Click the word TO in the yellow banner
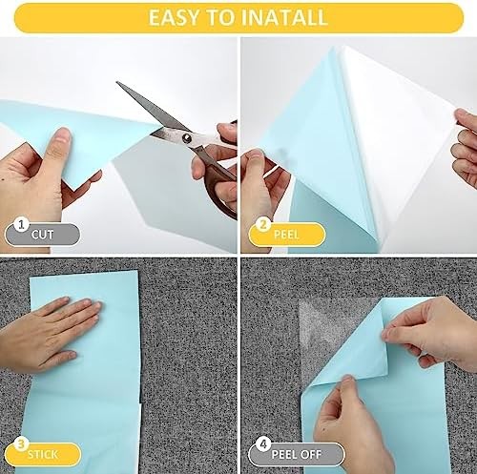[x=223, y=17]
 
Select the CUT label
[x=42, y=235]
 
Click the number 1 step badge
[x=21, y=224]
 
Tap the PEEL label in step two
[x=286, y=235]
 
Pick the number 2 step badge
[x=263, y=224]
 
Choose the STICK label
[x=43, y=454]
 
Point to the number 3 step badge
[x=21, y=443]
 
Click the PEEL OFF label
[x=297, y=454]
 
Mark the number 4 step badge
[x=263, y=443]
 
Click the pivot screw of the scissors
[x=187, y=137]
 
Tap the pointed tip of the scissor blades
[x=117, y=82]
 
